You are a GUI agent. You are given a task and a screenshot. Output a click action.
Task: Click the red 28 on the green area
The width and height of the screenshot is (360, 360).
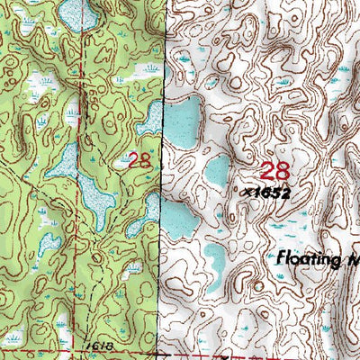(139, 161)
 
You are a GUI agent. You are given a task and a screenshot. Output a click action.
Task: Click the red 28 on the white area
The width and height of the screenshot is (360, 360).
(274, 171)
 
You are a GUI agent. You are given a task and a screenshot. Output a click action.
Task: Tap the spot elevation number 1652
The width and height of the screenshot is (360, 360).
(276, 192)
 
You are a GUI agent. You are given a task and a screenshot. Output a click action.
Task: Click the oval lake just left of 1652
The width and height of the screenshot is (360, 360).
(218, 170)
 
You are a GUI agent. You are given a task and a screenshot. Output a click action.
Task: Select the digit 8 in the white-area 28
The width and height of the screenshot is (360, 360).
(283, 171)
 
